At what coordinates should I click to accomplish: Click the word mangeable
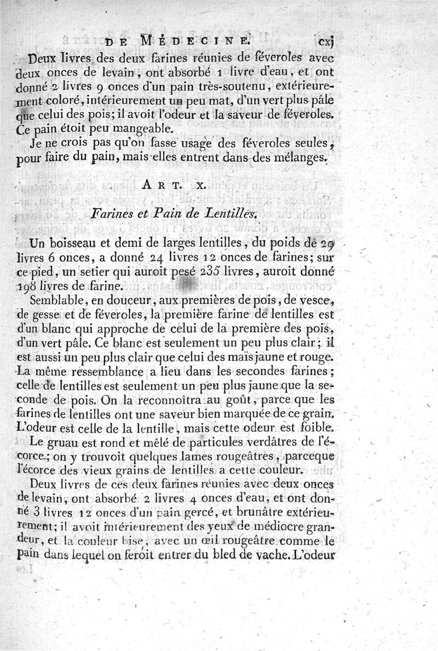[x=131, y=130]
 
